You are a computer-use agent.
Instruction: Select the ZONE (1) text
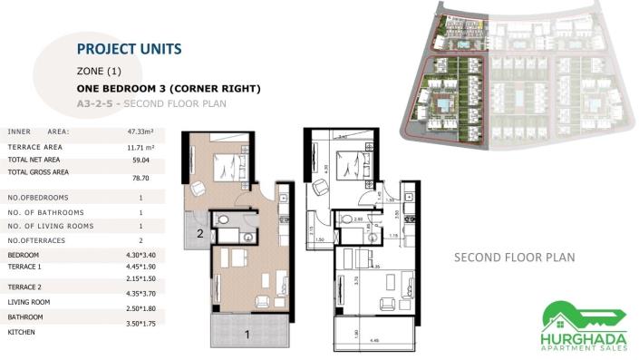coord(99,71)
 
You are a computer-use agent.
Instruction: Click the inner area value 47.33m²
coord(140,131)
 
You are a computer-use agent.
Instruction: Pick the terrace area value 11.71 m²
coord(140,146)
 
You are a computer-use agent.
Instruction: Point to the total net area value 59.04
coord(140,160)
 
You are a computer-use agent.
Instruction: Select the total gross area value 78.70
coord(140,179)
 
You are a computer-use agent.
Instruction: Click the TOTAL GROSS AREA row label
coord(38,171)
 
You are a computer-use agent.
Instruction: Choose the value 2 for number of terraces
coord(140,240)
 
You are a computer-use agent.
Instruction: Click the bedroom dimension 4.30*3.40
coord(140,256)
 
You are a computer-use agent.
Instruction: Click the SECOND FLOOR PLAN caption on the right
coord(514,258)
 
